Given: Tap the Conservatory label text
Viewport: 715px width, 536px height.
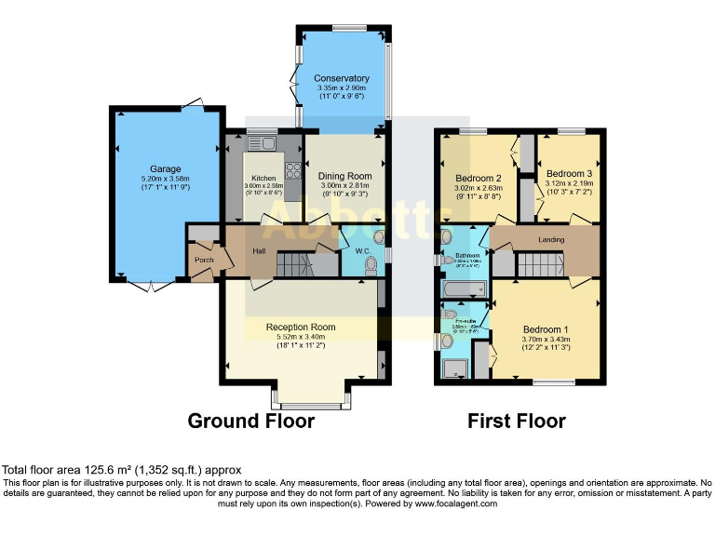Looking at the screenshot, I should (x=341, y=78).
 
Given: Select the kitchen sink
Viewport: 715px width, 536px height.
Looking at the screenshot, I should (x=259, y=143).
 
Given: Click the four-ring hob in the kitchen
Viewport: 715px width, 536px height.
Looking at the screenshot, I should (x=292, y=170).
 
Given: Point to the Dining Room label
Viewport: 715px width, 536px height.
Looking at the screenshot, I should (x=344, y=176).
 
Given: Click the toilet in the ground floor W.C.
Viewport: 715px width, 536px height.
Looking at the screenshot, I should (x=371, y=265).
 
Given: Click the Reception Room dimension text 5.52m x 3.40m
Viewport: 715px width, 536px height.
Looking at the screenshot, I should (x=300, y=337).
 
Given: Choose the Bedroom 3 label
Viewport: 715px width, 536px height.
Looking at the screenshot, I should (x=568, y=174).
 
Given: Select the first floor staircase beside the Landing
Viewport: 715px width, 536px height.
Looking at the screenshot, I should (x=534, y=264).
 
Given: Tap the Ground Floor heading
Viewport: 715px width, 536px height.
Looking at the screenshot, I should (x=250, y=421).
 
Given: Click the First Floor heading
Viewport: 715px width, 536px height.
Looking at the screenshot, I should (x=516, y=421).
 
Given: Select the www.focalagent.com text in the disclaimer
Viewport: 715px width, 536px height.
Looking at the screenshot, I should (x=456, y=503).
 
